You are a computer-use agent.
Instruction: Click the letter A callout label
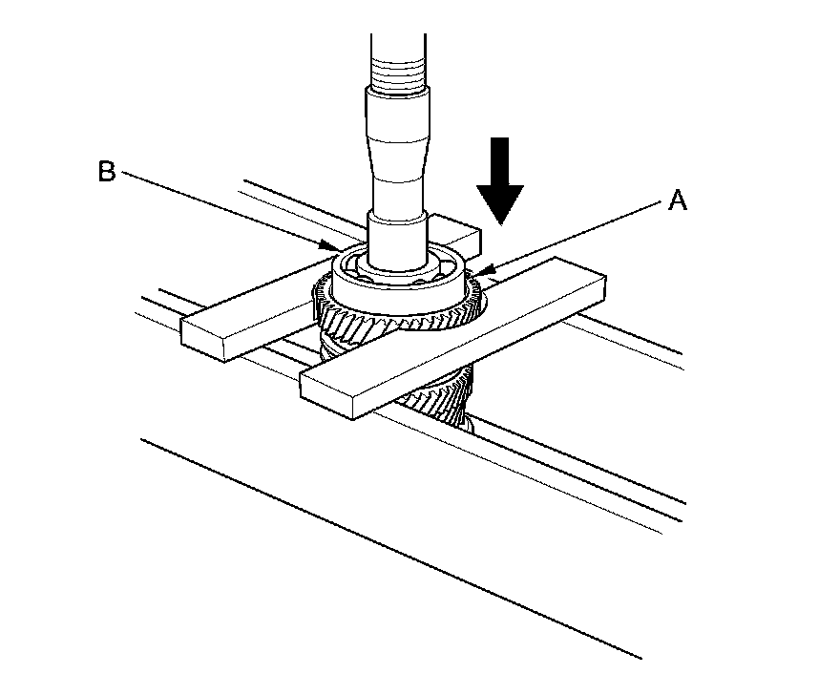(x=677, y=200)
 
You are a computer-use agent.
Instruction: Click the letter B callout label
(x=106, y=172)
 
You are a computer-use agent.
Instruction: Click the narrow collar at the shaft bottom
(x=396, y=239)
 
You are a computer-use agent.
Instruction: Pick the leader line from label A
(x=573, y=238)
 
